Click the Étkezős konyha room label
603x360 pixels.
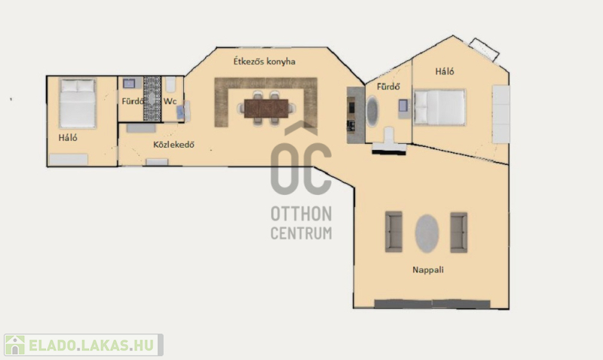(x=265, y=62)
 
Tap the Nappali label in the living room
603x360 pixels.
(x=428, y=270)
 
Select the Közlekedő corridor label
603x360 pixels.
(x=174, y=145)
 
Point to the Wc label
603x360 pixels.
(x=170, y=102)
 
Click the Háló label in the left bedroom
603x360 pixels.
(x=68, y=138)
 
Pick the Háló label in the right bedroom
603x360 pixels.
(x=445, y=71)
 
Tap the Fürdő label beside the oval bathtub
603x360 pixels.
(x=388, y=87)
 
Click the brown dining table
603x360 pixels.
(x=266, y=108)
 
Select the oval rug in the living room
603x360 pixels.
(x=427, y=233)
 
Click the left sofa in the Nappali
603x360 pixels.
(x=393, y=232)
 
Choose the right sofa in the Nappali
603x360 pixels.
(x=459, y=233)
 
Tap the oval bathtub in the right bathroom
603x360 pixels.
(x=372, y=111)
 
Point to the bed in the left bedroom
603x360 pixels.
(x=78, y=103)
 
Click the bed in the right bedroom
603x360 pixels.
(x=439, y=107)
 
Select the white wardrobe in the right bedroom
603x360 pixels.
(x=501, y=114)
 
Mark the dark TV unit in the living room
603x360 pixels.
(x=432, y=304)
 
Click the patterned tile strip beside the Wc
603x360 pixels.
(x=152, y=99)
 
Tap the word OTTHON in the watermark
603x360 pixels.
(x=301, y=214)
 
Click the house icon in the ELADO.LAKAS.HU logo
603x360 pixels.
(x=15, y=345)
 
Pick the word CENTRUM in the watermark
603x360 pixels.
(x=301, y=233)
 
